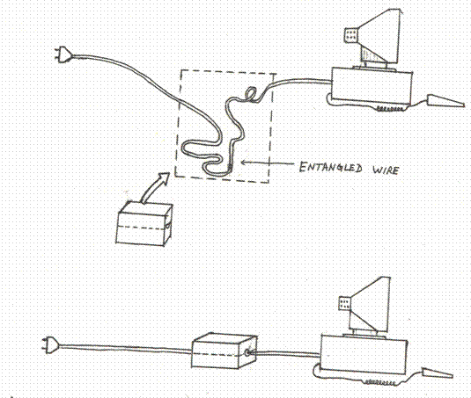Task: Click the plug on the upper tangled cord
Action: coord(63,54)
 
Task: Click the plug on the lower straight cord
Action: coord(50,345)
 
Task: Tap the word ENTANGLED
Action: coord(330,167)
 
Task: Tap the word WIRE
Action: coord(386,170)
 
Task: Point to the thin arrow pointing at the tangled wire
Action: coord(268,163)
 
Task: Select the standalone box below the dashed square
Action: coord(144,223)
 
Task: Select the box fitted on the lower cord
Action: coord(224,351)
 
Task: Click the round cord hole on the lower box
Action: coord(247,352)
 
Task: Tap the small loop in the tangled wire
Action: coord(251,93)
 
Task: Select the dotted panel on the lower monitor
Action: coord(344,303)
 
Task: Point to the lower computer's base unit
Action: coord(364,356)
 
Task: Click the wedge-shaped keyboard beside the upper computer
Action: coord(445,101)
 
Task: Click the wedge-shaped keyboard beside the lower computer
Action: coord(437,373)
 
